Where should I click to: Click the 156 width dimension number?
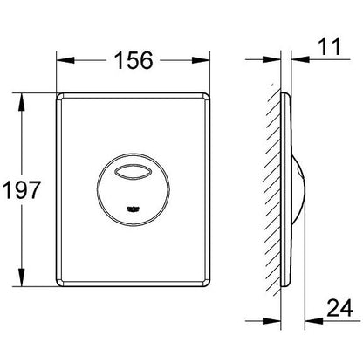tap(134, 60)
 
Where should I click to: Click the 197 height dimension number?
tap(22, 190)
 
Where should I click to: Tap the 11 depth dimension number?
tap(330, 46)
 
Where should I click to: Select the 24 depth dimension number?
tap(339, 308)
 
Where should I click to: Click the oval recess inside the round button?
tap(133, 170)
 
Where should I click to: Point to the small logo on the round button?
tap(134, 208)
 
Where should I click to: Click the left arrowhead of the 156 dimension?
tap(65, 60)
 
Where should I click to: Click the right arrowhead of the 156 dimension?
tap(201, 60)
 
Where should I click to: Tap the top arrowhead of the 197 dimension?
tap(21, 102)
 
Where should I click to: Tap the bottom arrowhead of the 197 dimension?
tap(21, 277)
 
